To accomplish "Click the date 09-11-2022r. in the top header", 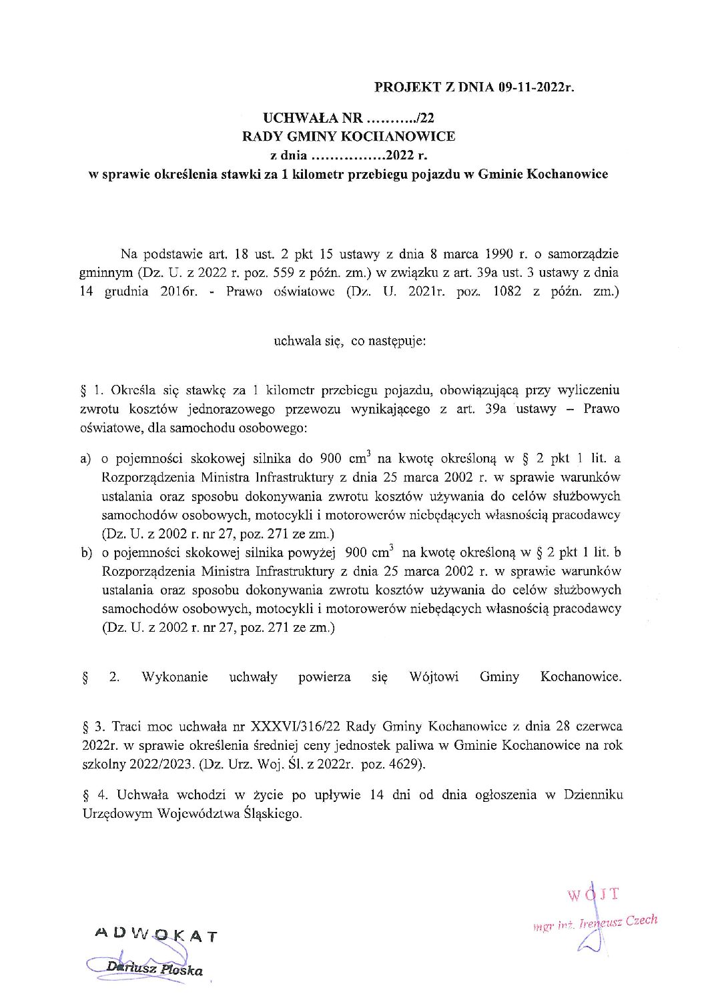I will [x=535, y=87].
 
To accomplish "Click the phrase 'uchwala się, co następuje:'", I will [x=350, y=341].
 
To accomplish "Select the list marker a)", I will [x=85, y=459].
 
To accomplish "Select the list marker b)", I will [x=85, y=553].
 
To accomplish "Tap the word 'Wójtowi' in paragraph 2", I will [x=434, y=676].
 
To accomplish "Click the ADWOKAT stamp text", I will [x=157, y=935].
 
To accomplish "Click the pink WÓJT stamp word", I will [x=593, y=895].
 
